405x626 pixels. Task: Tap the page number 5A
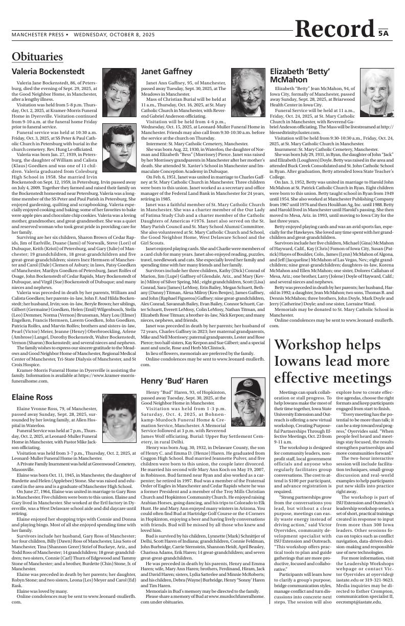[x=384, y=33]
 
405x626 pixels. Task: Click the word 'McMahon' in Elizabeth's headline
[x=289, y=80]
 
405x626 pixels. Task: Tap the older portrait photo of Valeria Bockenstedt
[x=119, y=85]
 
